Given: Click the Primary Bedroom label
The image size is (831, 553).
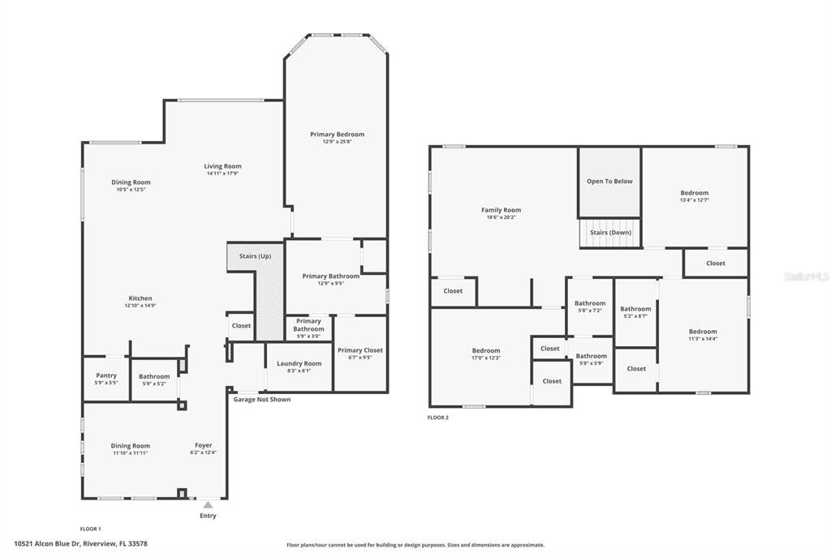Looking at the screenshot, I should click(337, 135).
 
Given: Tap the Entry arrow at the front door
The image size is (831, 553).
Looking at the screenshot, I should click(208, 505).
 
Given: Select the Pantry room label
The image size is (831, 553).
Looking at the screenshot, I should click(106, 375).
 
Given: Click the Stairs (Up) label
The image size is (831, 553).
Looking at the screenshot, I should click(255, 256).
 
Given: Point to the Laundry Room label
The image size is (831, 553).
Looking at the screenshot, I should click(299, 363).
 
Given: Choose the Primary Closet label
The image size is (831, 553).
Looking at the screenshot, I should click(360, 350).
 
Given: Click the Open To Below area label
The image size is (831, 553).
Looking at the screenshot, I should click(609, 182).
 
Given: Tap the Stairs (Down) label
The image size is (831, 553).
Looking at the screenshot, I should click(610, 233).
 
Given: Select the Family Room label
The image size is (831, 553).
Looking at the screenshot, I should click(501, 210).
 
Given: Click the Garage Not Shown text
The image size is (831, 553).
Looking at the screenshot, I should click(261, 400).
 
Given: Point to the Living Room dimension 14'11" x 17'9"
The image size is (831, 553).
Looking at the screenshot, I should click(222, 174).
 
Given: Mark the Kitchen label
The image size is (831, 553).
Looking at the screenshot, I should click(140, 298).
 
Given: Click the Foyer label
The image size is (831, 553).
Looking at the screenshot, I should click(203, 445).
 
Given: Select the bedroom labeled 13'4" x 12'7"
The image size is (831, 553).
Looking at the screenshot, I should click(694, 193).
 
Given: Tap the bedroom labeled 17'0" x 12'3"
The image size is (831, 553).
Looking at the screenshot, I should click(486, 351).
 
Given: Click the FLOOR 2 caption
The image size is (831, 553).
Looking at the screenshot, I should click(437, 418).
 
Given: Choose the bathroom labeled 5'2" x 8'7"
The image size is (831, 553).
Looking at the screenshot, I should click(635, 309).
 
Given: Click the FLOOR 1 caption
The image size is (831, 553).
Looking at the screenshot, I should click(90, 529).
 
